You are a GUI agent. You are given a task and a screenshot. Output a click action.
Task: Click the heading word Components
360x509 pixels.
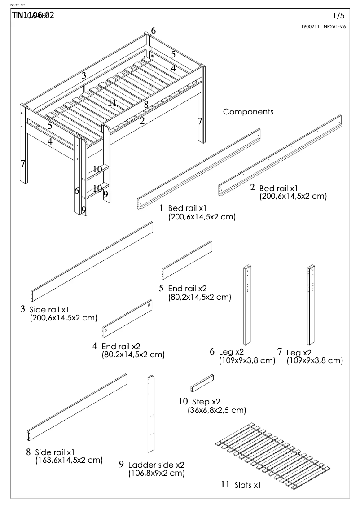(248, 112)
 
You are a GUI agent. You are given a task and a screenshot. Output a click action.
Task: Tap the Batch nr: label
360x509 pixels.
(22, 5)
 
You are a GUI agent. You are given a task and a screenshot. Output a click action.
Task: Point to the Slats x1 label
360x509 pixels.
(247, 485)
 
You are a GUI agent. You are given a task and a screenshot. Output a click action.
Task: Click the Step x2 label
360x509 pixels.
(206, 402)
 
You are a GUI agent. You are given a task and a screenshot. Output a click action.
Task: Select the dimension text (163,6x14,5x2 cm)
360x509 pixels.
(68, 461)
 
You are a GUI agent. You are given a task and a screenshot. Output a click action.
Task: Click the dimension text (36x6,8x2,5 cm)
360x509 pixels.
(216, 410)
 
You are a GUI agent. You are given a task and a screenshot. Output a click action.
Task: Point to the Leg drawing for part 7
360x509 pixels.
(310, 305)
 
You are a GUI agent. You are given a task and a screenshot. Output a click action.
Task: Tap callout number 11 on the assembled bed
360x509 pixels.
(112, 103)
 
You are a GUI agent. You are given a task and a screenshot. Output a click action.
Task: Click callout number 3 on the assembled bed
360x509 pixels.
(83, 75)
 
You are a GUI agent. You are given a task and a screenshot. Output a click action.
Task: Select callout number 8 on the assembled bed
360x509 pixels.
(146, 105)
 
